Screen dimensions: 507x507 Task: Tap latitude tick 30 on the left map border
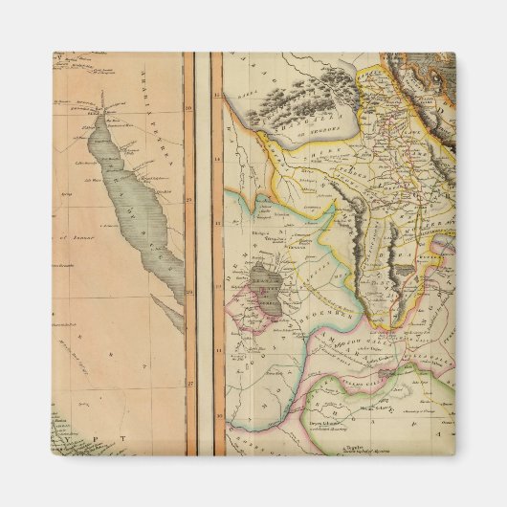coord(190,109)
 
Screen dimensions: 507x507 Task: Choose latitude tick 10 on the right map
coord(217,416)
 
